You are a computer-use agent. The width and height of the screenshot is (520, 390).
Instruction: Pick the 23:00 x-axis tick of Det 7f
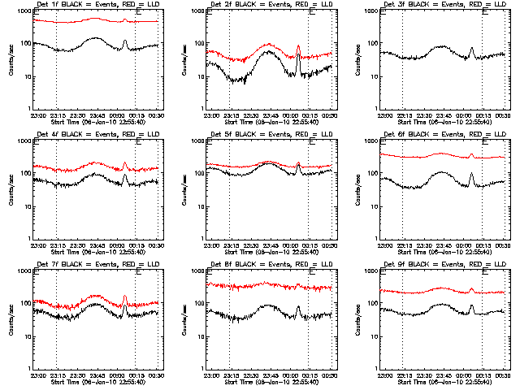(x=38, y=375)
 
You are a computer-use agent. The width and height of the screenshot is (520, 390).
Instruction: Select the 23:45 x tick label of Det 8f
(x=274, y=375)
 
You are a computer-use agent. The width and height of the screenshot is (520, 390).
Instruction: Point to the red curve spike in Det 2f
(x=298, y=45)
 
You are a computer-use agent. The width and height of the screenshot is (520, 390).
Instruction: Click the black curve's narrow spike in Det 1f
(x=124, y=40)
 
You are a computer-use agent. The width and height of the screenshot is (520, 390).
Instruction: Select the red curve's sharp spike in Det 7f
(x=124, y=297)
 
